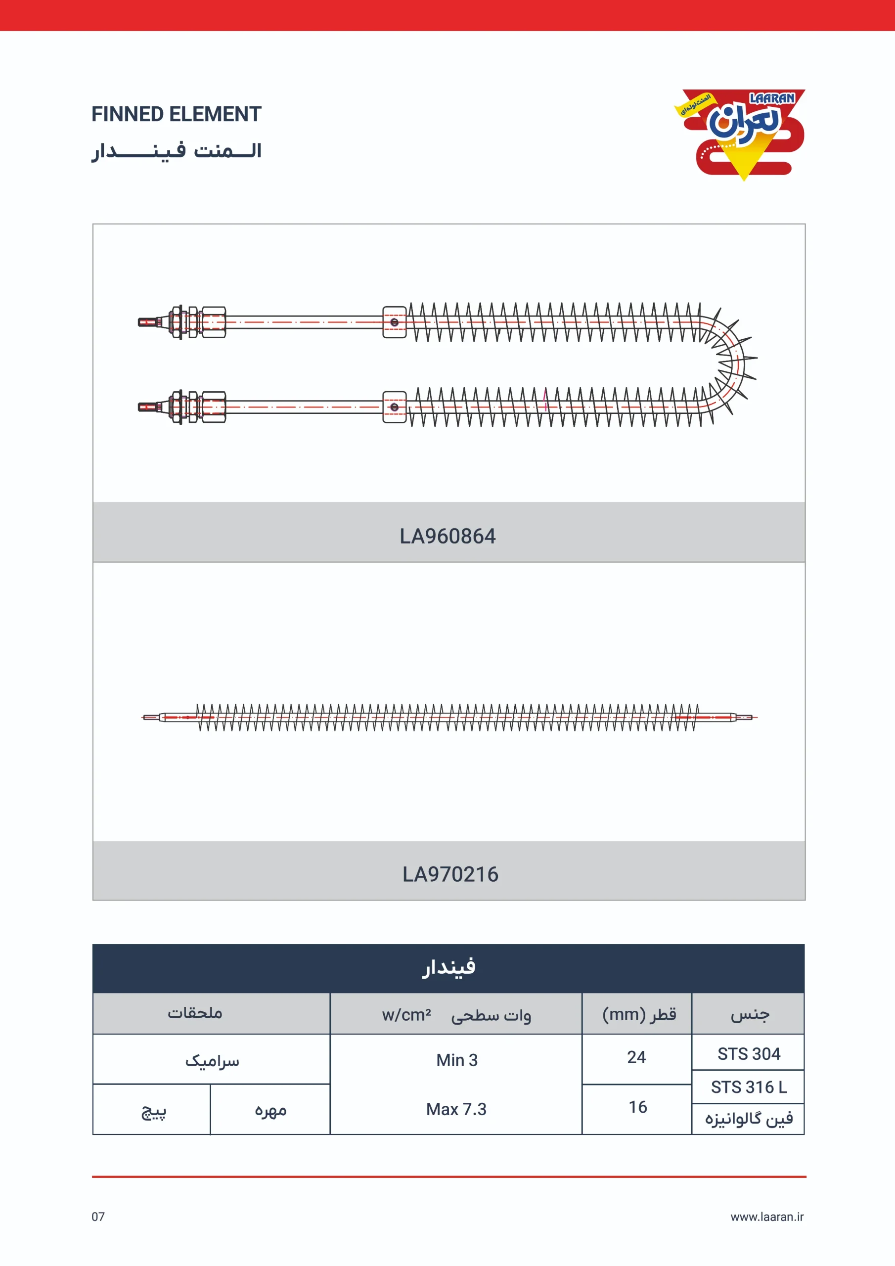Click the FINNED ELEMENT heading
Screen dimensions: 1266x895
tap(176, 114)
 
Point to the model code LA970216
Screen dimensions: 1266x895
tap(450, 874)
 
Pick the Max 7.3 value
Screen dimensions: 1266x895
tap(456, 1109)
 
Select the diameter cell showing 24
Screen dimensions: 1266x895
tap(636, 1057)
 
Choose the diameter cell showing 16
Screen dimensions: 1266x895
tap(637, 1107)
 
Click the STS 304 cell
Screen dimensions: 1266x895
tap(748, 1054)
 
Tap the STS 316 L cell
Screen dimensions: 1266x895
tap(748, 1087)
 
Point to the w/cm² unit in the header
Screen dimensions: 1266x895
tap(406, 1015)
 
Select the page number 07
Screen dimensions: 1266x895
tap(98, 1217)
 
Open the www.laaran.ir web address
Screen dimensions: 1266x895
tap(766, 1217)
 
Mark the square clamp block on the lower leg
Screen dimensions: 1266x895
tap(394, 407)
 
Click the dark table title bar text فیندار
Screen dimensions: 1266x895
tap(448, 968)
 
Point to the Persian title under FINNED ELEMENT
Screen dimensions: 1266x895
tap(177, 150)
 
